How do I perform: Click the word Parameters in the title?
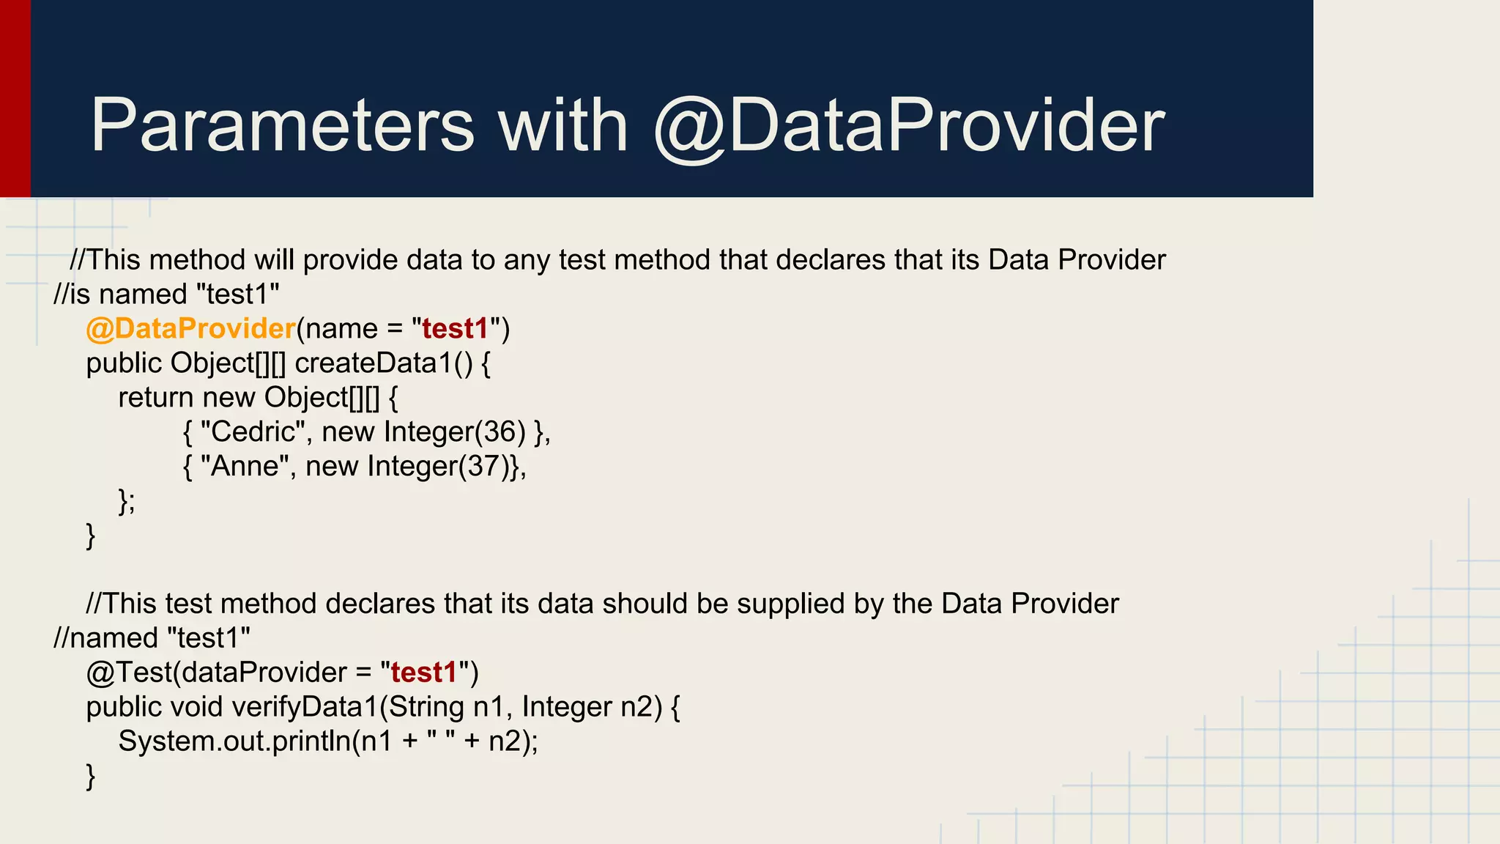282,126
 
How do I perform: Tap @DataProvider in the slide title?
908,126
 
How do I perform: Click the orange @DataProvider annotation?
190,329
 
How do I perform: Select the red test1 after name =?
455,329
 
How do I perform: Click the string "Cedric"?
253,432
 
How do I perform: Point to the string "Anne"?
245,467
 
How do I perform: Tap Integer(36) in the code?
454,432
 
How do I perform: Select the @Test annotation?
128,673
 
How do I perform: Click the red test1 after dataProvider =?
423,673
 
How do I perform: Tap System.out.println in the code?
234,741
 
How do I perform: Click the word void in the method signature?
196,707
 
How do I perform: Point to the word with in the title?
562,126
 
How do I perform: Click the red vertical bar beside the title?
15,99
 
